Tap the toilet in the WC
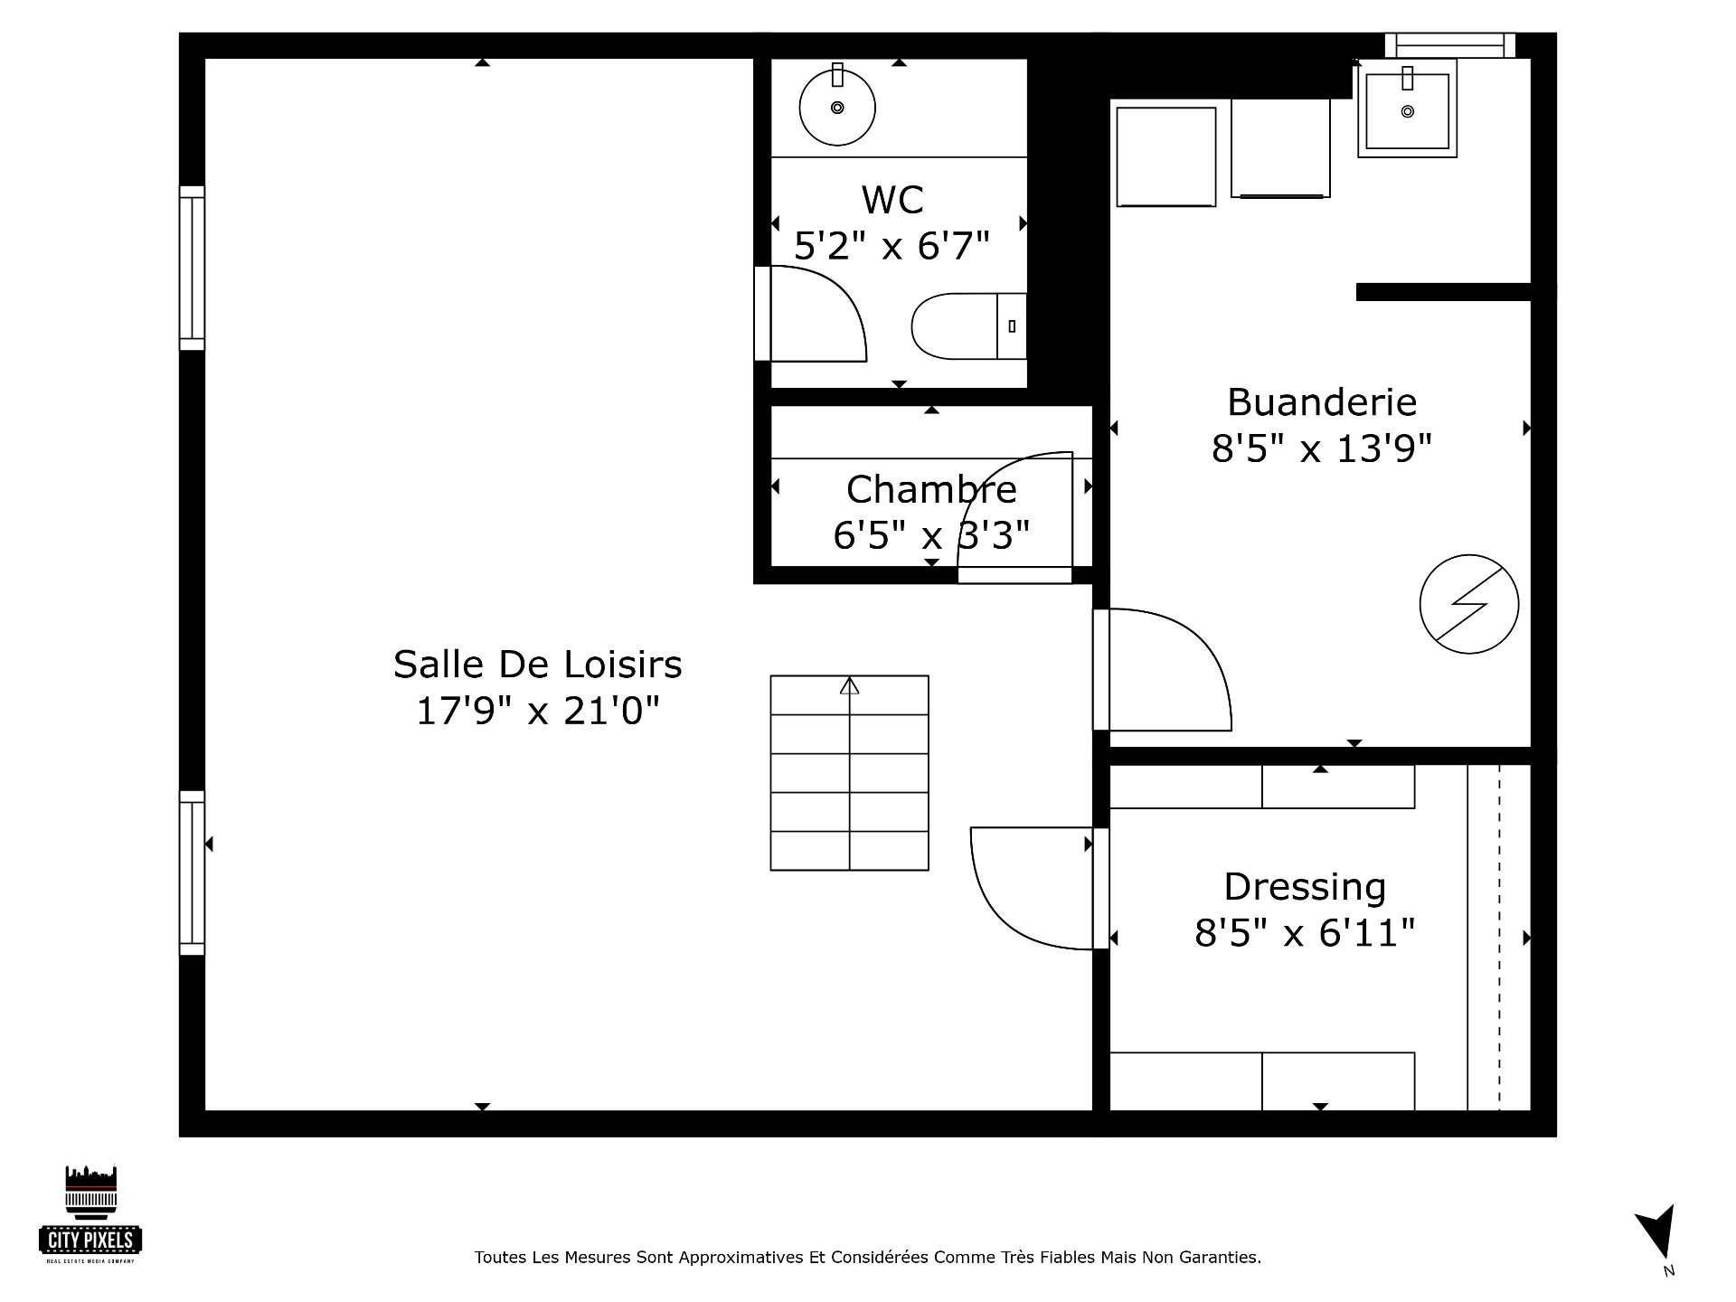coord(968,325)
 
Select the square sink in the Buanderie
coord(1407,108)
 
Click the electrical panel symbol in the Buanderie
coord(1469,604)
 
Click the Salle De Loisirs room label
coord(537,665)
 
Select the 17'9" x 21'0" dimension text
coord(537,711)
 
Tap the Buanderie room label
coord(1322,401)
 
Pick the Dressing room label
coord(1305,888)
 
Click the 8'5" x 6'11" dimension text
coord(1305,932)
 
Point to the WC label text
coord(892,200)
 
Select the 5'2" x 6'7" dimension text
coord(892,245)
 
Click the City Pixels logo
coord(91,1214)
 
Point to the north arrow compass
coord(1657,1234)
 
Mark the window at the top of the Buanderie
coord(1450,45)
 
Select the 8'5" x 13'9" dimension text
coord(1322,448)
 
